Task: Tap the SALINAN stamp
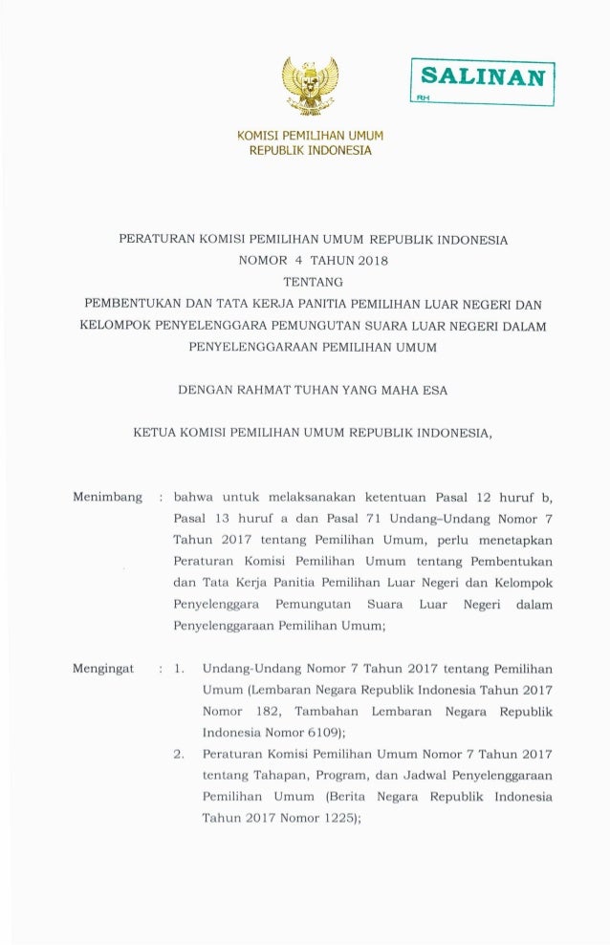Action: [483, 76]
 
